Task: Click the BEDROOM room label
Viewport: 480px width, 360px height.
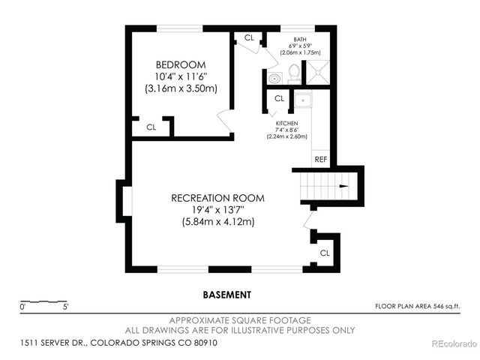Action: [x=180, y=64]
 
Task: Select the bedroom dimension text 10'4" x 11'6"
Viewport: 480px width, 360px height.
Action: [x=180, y=76]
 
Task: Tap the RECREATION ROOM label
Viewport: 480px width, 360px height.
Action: [x=217, y=198]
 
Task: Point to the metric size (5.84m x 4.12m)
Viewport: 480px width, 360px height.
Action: [x=217, y=222]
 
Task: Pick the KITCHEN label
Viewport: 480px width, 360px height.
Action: [x=287, y=123]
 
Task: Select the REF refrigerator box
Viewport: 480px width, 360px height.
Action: [x=321, y=159]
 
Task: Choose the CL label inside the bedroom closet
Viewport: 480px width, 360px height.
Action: [x=151, y=127]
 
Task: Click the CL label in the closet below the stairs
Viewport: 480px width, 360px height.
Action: [x=324, y=253]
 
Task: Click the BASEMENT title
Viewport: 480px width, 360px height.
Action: [x=226, y=295]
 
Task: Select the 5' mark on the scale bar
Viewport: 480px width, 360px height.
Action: [x=66, y=307]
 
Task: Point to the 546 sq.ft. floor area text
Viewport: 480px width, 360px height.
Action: [x=417, y=306]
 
